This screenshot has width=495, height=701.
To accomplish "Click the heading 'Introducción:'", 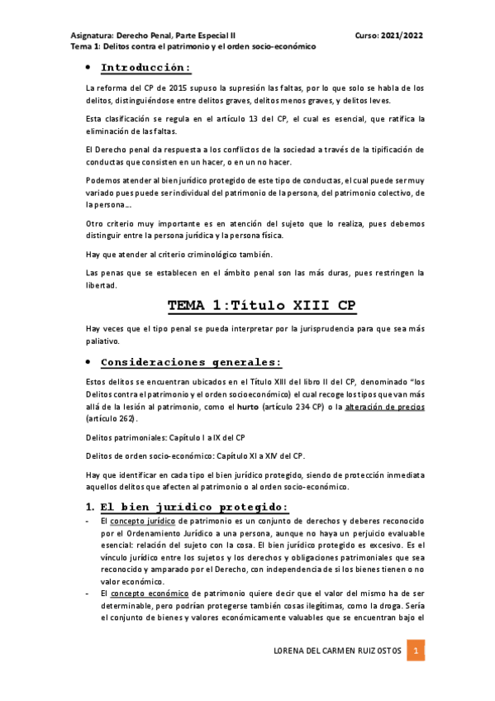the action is click(145, 68).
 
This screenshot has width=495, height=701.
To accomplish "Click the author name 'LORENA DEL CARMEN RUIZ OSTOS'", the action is click(338, 651).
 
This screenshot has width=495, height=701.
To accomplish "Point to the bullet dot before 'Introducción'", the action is click(88, 68).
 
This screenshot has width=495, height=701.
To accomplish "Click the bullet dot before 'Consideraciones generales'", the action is click(88, 362).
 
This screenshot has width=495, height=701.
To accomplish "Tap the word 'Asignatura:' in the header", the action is click(92, 36).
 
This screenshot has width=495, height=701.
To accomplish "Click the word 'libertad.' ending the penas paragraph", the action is click(102, 286).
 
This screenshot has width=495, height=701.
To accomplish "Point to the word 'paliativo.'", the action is click(103, 341).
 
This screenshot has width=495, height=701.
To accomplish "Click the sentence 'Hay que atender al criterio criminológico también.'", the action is click(184, 254).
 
